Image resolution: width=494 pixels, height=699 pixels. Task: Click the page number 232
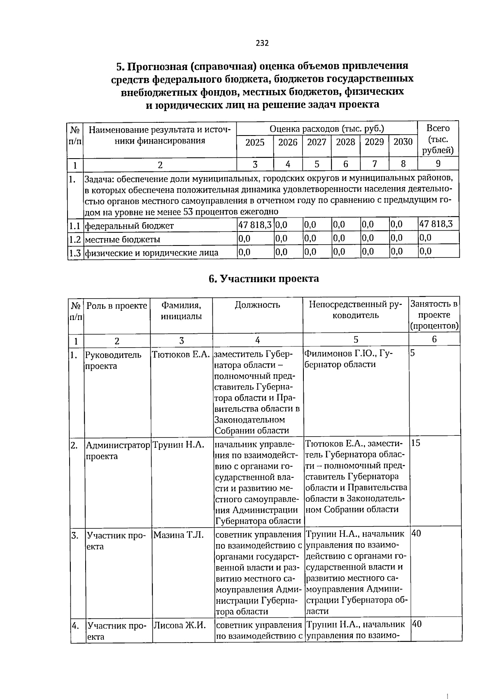[x=262, y=43]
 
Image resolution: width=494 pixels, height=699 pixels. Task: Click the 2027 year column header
[x=317, y=142]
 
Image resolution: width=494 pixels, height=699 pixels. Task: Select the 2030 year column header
[x=403, y=142]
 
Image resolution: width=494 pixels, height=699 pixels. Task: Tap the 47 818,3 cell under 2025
[x=255, y=224]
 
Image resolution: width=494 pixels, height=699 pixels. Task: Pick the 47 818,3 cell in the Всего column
[x=436, y=224]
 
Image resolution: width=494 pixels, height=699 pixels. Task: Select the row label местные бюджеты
[x=123, y=239]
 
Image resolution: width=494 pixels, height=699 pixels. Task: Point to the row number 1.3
[x=75, y=252]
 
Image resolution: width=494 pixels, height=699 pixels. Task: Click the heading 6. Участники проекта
[x=263, y=279]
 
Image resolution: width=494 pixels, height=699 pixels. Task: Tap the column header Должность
[x=257, y=305]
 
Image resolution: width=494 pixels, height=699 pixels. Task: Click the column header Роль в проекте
[x=117, y=306]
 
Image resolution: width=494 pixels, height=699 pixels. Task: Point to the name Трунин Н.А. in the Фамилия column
[x=178, y=445]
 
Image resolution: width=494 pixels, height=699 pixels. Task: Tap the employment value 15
[x=416, y=443]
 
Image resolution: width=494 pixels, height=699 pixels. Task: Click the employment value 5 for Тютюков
[x=412, y=353]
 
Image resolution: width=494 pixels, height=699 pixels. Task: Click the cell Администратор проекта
[x=117, y=451]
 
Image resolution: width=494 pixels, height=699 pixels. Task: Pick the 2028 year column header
[x=345, y=142]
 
